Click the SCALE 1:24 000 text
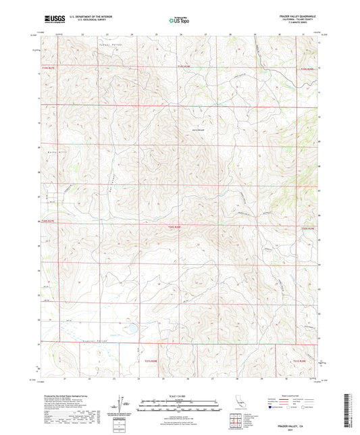coord(178,396)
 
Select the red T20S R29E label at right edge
coord(308,230)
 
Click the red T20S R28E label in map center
coord(174,227)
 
